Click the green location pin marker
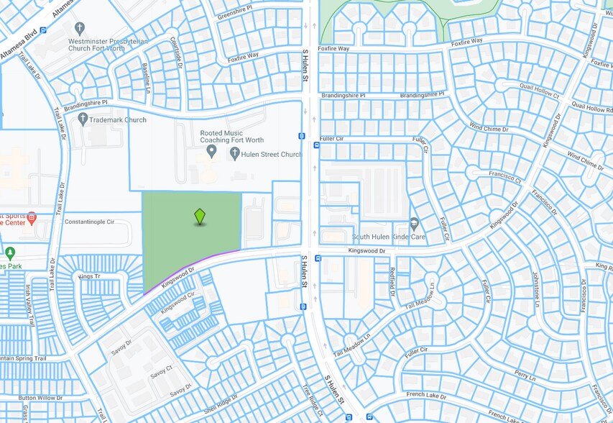coord(200,217)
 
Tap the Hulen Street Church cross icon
coord(234,154)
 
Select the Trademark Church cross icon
coord(83,119)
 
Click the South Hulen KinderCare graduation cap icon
coord(414,224)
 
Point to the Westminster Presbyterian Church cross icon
coord(79,27)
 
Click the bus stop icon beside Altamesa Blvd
coord(44,31)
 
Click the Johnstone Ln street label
coord(535,287)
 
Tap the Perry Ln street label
coord(525,376)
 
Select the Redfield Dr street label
coord(392,282)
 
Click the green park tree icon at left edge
coord(10,253)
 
